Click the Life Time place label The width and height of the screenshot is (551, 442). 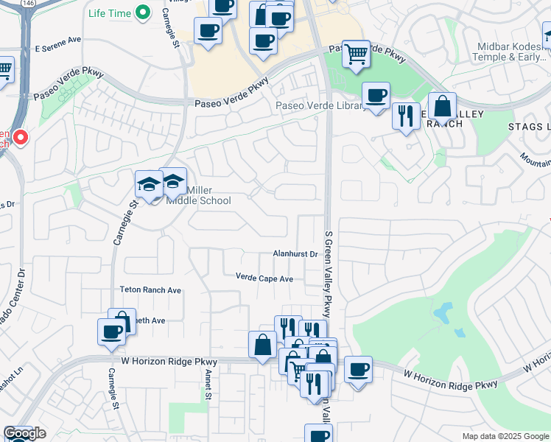pos(109,13)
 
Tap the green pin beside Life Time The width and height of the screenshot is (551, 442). pos(145,13)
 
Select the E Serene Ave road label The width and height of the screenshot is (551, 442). pos(57,39)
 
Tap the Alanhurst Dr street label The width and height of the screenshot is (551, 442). pos(295,254)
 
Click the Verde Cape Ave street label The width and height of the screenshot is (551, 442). pos(264,278)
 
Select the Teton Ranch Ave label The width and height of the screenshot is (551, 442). pos(150,290)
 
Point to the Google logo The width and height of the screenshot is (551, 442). pos(24,433)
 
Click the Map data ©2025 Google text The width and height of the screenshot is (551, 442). pos(505,436)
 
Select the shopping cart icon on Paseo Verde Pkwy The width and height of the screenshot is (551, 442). pos(356,53)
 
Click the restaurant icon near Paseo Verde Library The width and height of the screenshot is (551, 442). pos(405,116)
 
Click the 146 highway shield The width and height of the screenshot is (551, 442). pos(28,4)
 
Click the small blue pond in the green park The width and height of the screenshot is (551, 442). pos(443,314)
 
